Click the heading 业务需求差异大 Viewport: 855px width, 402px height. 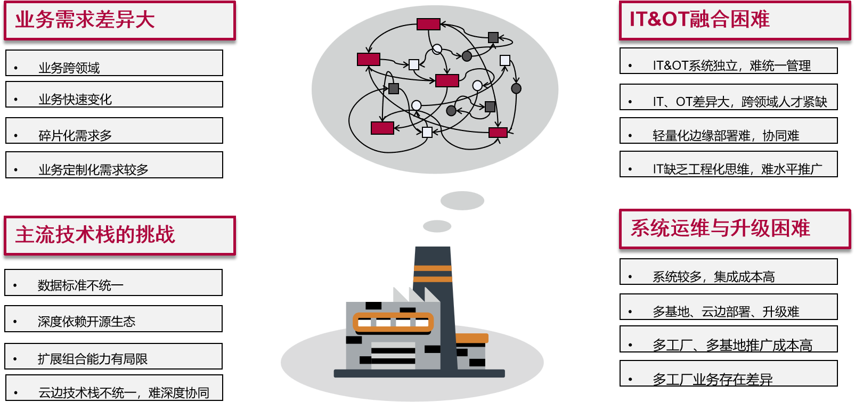[x=85, y=20]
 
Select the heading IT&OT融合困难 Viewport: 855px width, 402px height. [x=699, y=20]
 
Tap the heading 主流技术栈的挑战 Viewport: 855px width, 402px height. [x=95, y=235]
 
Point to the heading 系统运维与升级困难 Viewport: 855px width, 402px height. [x=720, y=228]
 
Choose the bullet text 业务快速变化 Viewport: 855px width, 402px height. [x=75, y=100]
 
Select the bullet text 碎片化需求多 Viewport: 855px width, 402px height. [x=75, y=136]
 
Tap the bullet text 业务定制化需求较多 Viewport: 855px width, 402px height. [x=93, y=170]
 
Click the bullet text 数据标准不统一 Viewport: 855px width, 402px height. [x=80, y=286]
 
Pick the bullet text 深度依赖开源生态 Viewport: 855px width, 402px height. [x=86, y=322]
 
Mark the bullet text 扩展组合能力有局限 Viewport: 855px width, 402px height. [x=93, y=359]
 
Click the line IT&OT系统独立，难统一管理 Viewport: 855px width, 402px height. [x=731, y=66]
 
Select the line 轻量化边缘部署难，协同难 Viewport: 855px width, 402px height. [x=726, y=136]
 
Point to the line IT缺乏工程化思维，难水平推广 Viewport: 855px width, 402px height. [x=737, y=169]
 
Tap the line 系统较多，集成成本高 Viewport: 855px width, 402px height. [x=713, y=277]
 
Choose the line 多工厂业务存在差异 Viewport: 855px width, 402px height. [x=712, y=380]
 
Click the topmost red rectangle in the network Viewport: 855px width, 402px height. [x=428, y=24]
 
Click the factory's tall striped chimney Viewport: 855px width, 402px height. [x=433, y=272]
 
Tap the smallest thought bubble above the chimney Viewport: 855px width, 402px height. [x=437, y=226]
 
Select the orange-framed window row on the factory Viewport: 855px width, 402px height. [x=393, y=323]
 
